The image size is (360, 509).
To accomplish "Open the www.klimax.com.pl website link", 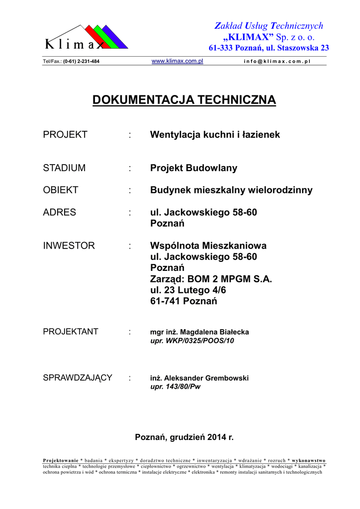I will pos(177,61).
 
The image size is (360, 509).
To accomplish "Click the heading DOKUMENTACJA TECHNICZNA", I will pos(184,100).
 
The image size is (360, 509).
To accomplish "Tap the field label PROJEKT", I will pos(65,135).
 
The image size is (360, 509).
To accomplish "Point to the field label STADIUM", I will pos(64,168).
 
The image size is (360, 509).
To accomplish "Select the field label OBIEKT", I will pos(61,190).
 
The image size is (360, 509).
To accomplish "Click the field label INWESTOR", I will pos(69,246).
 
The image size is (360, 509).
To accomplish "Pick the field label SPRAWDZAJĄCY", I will pos(78,378).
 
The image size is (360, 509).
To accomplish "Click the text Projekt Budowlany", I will pos(193,168).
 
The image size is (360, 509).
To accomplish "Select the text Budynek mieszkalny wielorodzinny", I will pos(231,190).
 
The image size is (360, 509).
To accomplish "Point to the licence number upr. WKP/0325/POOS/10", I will pos(191,340).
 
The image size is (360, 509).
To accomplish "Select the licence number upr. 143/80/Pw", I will pos(175,386).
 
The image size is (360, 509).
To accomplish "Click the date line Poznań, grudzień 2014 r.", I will pos(184,437).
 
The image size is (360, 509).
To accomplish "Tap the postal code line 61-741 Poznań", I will pos(183,301).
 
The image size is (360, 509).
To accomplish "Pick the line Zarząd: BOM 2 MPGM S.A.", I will pos(211,279).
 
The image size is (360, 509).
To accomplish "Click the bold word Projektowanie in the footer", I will pos(61,460).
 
